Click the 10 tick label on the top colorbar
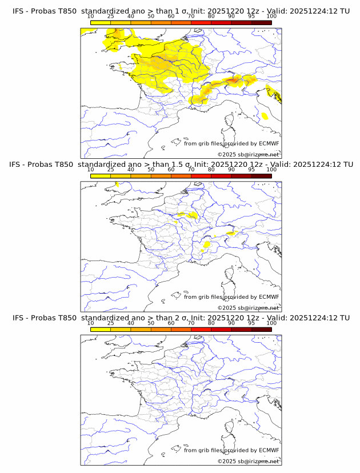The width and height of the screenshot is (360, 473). pyautogui.click(x=90, y=16)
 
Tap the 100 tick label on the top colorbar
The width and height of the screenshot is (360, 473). pyautogui.click(x=271, y=16)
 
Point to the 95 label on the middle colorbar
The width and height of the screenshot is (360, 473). pyautogui.click(x=251, y=170)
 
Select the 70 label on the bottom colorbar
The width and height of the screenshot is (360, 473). pyautogui.click(x=191, y=323)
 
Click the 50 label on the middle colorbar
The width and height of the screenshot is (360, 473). pyautogui.click(x=151, y=170)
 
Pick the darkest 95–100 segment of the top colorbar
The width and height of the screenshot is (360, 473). pyautogui.click(x=261, y=22)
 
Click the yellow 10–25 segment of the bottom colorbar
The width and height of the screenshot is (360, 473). pyautogui.click(x=101, y=329)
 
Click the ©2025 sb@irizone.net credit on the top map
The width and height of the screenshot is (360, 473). pyautogui.click(x=249, y=155)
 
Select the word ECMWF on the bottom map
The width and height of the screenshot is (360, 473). pyautogui.click(x=269, y=450)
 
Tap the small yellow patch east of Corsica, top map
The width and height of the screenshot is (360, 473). pyautogui.click(x=265, y=116)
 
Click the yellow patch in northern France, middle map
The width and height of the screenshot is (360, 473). pyautogui.click(x=187, y=215)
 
